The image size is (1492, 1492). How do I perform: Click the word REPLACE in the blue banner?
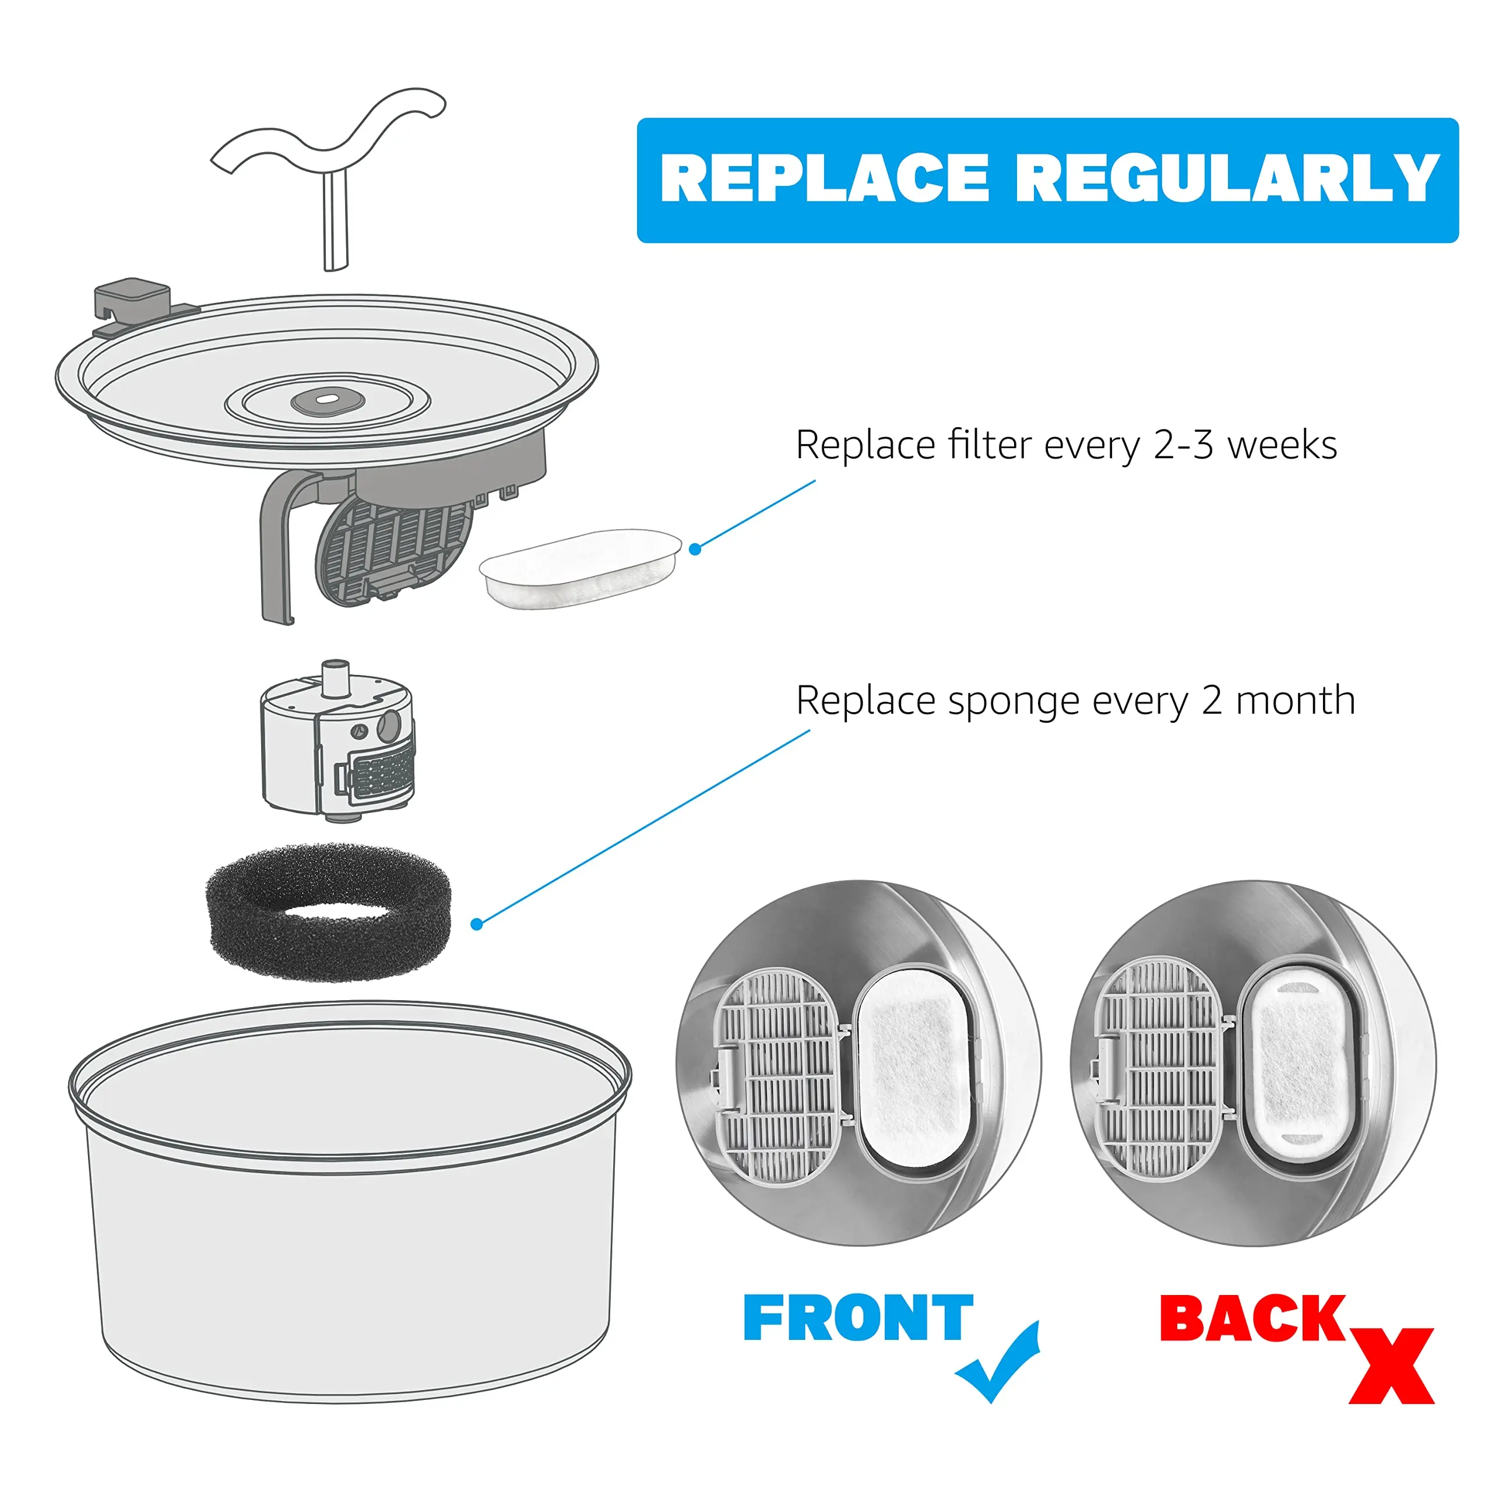[825, 178]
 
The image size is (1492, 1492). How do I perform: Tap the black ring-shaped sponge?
[328, 913]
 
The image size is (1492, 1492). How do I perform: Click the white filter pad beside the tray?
[580, 568]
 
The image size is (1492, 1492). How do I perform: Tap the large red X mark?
[1391, 1366]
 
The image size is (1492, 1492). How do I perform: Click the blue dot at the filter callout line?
[695, 549]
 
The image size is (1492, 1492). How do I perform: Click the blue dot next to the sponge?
[477, 924]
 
